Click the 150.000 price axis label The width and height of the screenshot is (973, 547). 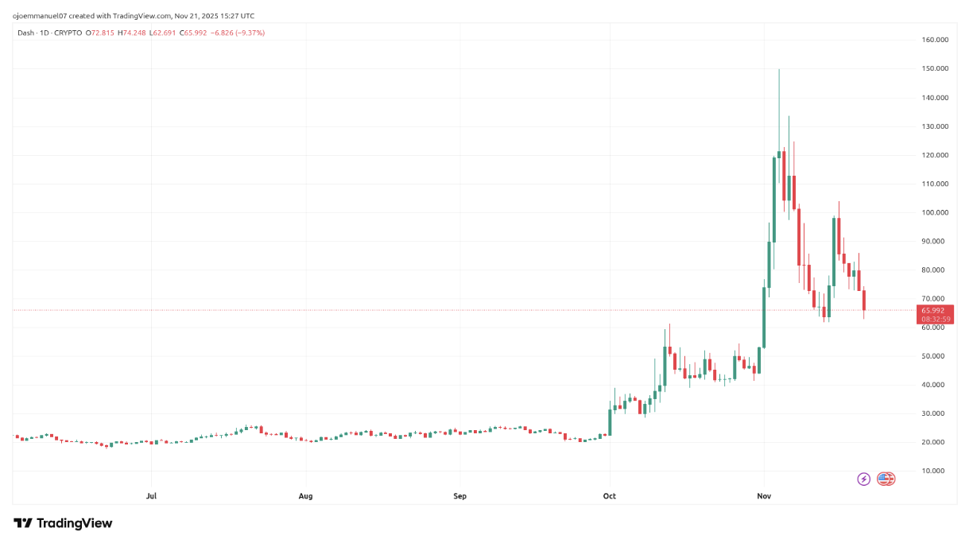[x=935, y=68]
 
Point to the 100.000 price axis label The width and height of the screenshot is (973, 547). [x=935, y=212]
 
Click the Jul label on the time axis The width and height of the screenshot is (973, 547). [x=151, y=496]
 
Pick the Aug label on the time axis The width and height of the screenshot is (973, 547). [x=305, y=496]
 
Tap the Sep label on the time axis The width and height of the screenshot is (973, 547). [x=459, y=496]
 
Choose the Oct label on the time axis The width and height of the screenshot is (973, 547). [x=609, y=496]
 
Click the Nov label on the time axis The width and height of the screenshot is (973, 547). [x=764, y=496]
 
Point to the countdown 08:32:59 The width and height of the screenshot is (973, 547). [x=935, y=319]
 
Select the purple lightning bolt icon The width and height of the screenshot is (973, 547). [x=863, y=479]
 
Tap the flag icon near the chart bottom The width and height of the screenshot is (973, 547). [x=885, y=479]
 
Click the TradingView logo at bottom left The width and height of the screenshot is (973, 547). [x=63, y=523]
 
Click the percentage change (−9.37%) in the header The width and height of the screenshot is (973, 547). [x=246, y=33]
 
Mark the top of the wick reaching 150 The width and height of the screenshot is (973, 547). [x=779, y=69]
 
